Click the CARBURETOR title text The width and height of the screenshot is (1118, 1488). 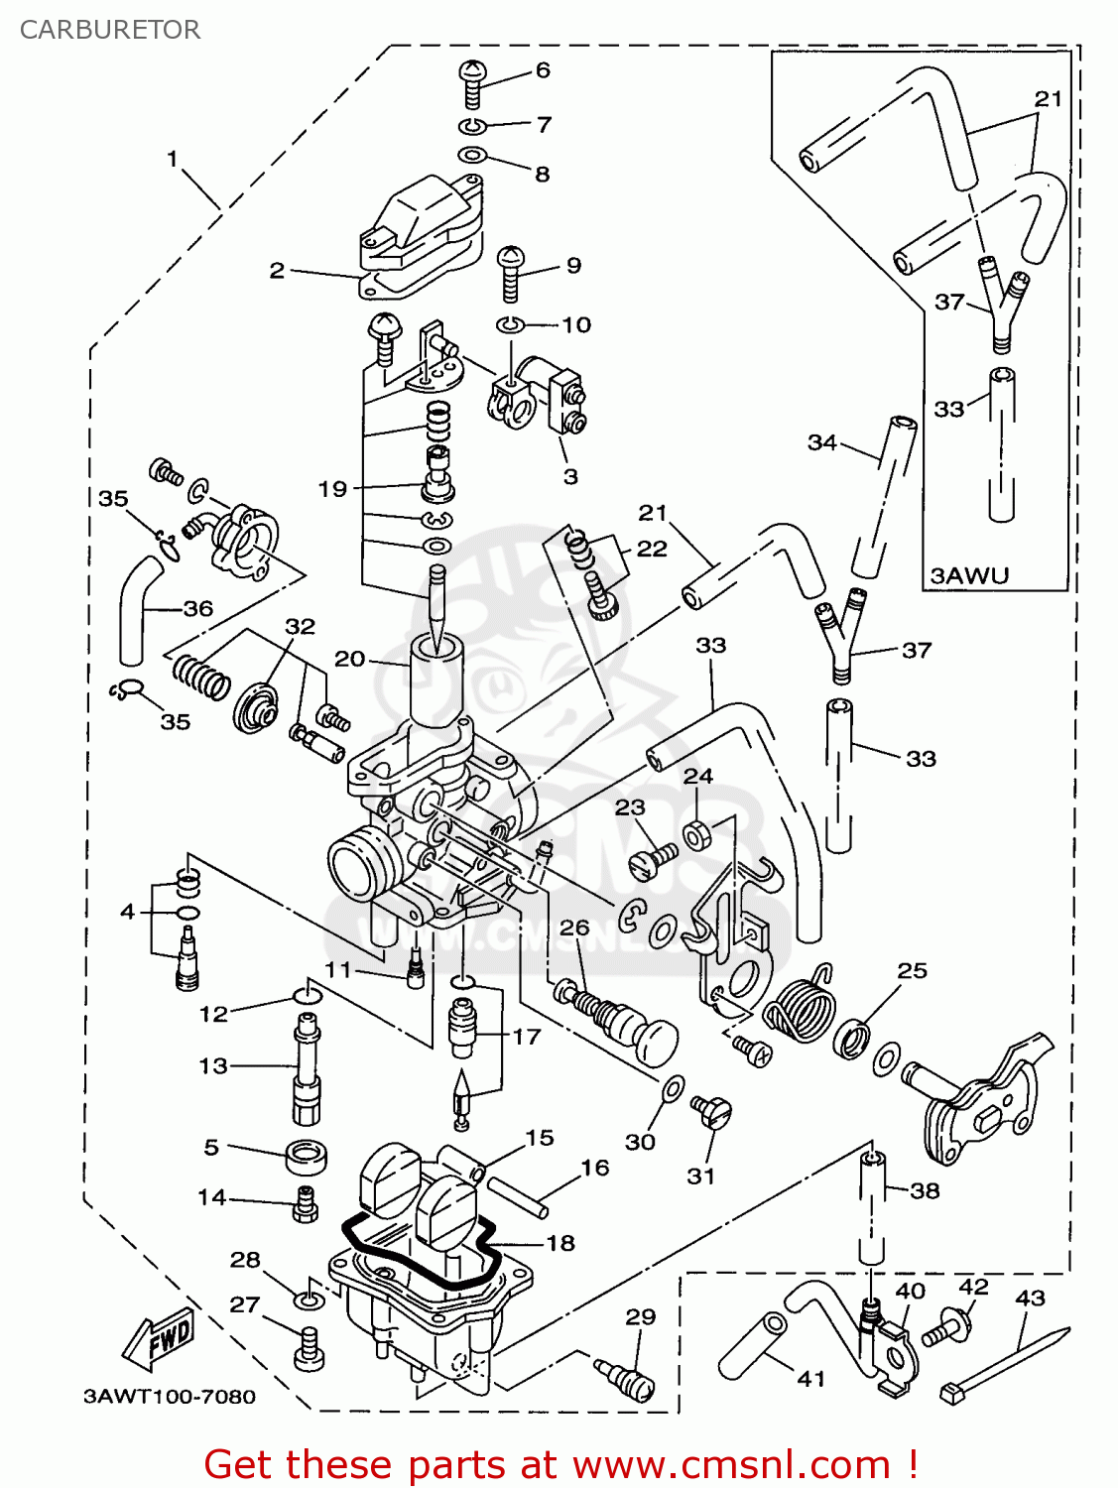click(110, 30)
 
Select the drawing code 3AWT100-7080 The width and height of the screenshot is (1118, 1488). click(170, 1397)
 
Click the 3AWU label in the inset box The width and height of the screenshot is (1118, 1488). click(969, 575)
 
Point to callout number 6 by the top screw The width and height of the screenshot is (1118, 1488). click(543, 70)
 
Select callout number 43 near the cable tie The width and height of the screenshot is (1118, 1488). click(1030, 1298)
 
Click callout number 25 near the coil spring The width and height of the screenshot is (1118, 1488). click(912, 970)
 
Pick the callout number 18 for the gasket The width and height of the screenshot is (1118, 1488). click(560, 1243)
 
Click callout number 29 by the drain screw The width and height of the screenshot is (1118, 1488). click(640, 1316)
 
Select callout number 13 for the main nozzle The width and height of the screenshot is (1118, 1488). click(213, 1065)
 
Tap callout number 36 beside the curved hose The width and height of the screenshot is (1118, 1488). click(198, 608)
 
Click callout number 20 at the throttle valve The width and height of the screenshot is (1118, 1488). click(349, 659)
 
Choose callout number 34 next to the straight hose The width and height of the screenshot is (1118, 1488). click(821, 442)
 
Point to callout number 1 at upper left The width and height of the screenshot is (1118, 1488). click(172, 159)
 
